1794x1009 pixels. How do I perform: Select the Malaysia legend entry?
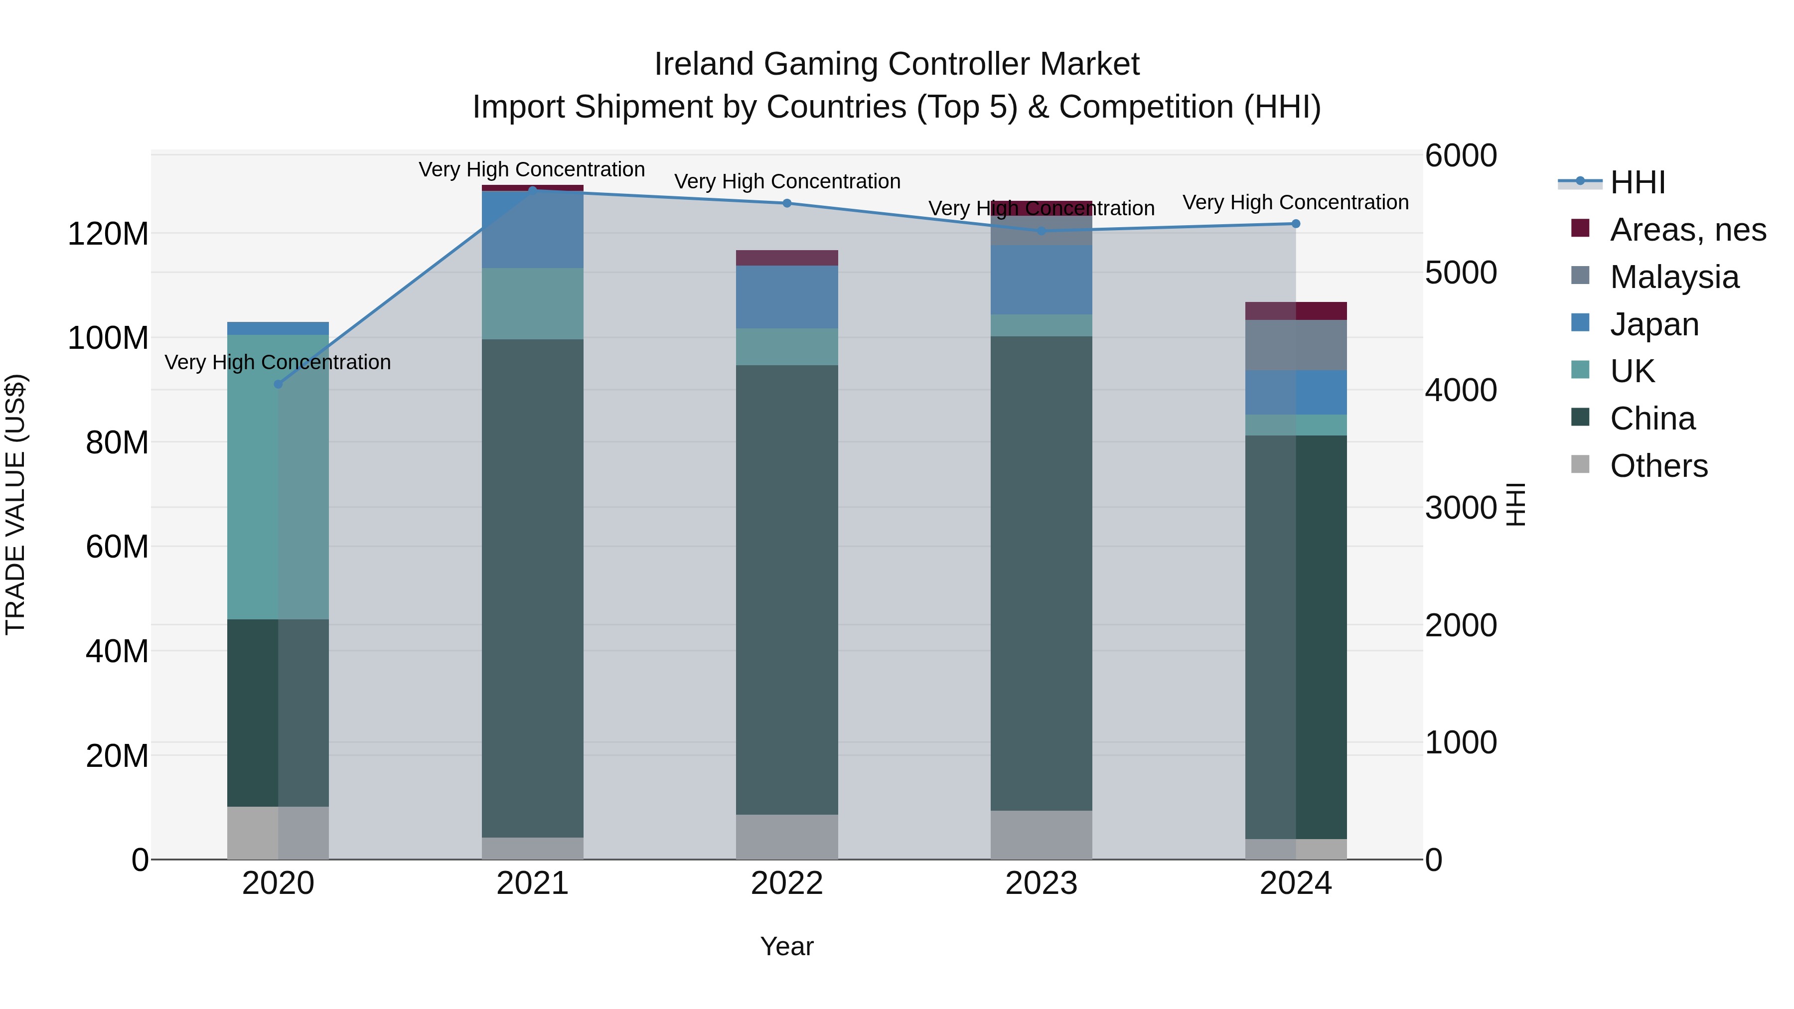coord(1673,277)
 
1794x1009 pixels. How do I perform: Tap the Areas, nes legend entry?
coord(1687,230)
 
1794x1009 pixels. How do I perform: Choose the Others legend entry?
coord(1658,465)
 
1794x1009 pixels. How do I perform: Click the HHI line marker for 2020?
coord(279,384)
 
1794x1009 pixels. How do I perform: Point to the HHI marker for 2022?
coord(787,203)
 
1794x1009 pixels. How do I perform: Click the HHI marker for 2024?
coord(1295,224)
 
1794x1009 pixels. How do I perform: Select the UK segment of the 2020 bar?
coord(279,477)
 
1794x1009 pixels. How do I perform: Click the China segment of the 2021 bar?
coord(533,588)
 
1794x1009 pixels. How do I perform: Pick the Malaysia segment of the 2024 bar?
coord(1295,345)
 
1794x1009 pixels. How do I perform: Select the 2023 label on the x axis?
coord(1041,883)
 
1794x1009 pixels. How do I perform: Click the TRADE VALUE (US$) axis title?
coord(15,504)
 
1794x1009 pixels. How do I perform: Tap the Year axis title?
coord(787,946)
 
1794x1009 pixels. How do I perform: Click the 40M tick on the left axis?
coord(116,652)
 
